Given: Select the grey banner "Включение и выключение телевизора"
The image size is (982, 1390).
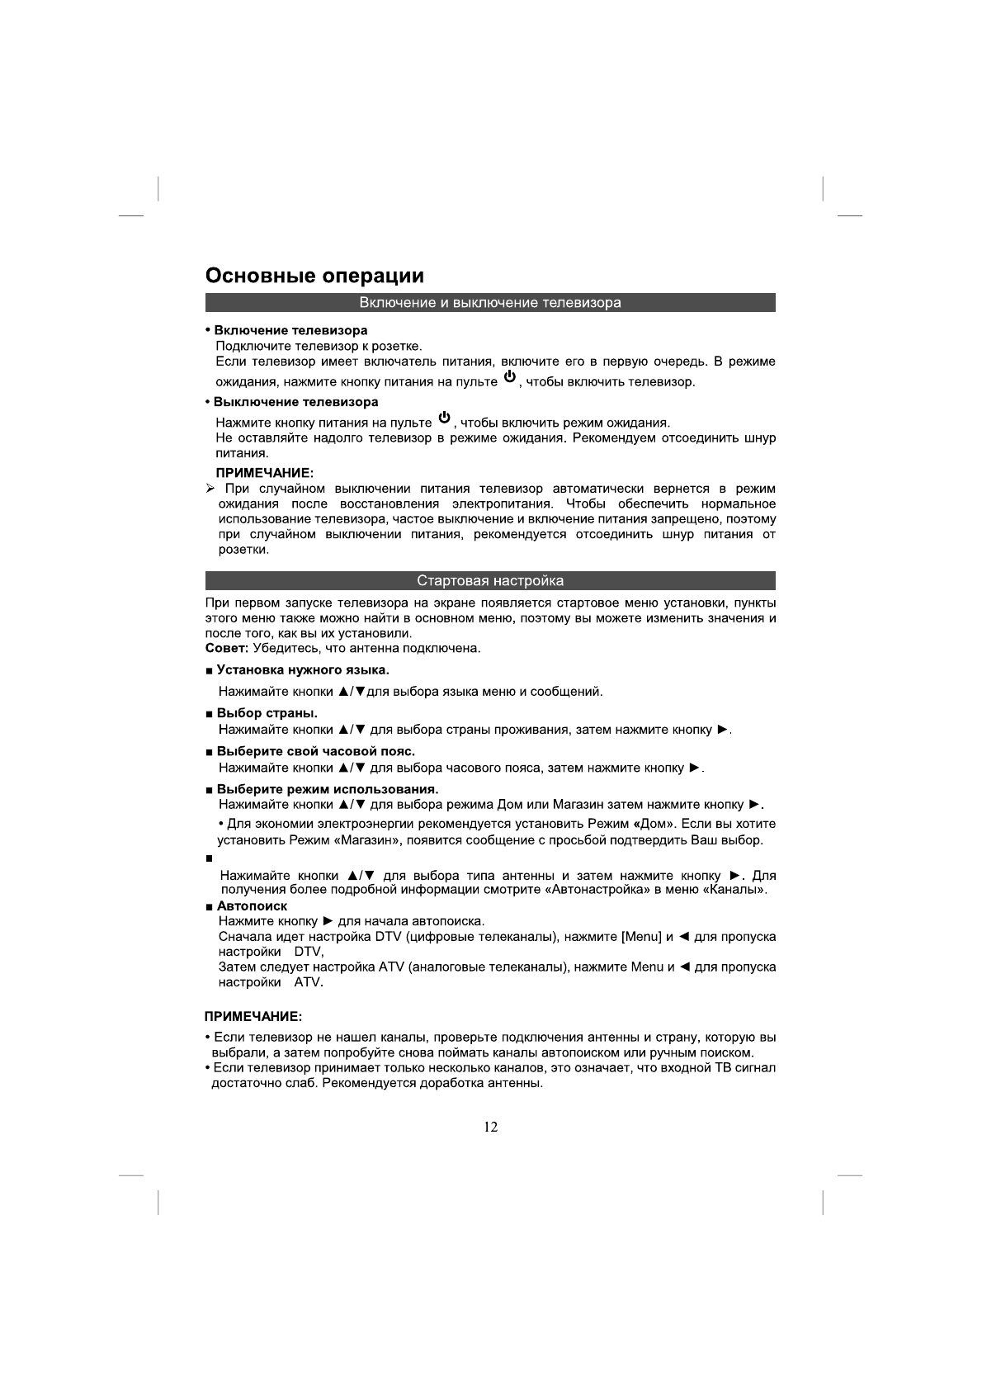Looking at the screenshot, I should coord(490,303).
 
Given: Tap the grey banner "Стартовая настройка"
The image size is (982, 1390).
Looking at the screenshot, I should coord(490,580).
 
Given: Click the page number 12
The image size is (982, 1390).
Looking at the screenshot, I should coord(491,1128).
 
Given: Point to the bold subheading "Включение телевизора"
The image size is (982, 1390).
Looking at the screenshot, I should coord(290,331).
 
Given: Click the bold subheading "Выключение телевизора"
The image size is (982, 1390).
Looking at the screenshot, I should coord(295,403).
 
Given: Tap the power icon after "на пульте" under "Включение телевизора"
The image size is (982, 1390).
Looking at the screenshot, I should coord(510,378).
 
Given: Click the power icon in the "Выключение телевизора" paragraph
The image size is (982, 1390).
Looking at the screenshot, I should coord(444,418).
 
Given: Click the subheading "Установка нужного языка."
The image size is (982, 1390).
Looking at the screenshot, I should coord(302,669).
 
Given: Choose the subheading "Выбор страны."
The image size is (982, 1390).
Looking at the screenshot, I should coord(267,713).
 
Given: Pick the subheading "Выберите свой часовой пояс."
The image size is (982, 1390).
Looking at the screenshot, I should coord(315,751).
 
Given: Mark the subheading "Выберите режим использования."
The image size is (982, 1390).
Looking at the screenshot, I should coord(327,790).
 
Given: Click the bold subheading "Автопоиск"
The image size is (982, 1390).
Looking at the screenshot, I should coord(252,906).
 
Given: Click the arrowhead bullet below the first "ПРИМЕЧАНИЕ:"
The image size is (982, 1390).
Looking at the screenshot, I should coord(210,489).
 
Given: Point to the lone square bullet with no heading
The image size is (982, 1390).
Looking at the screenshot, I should coord(209,859).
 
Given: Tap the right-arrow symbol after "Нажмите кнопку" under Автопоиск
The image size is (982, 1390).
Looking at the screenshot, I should coord(328,921).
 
